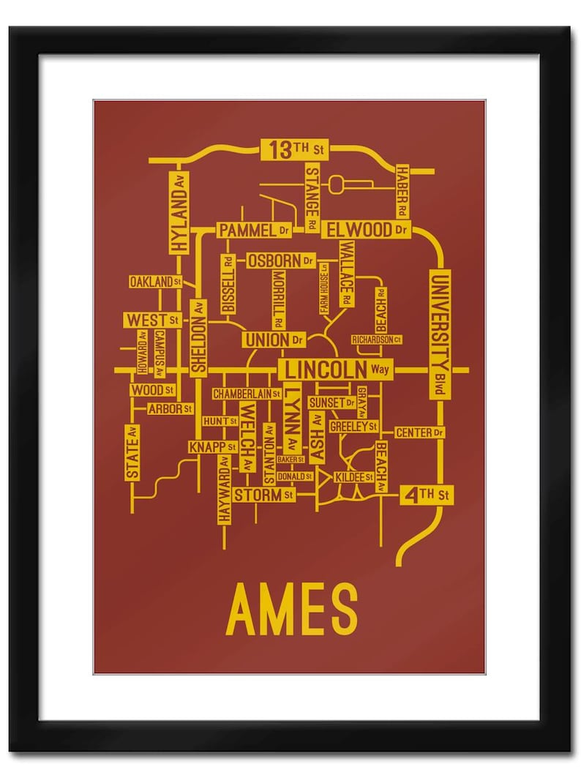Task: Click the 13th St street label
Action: pos(294,150)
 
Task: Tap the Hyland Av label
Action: pos(179,212)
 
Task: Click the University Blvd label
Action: pos(440,334)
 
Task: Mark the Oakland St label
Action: pos(155,282)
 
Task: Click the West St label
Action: pos(152,320)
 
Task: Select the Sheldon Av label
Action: pos(198,337)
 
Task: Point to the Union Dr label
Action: pos(273,340)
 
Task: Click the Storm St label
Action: pos(263,495)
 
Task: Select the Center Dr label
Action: pos(419,433)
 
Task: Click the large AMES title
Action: pos(290,608)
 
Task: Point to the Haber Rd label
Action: pos(402,191)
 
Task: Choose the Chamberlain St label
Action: pos(247,394)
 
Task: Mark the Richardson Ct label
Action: pos(377,340)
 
